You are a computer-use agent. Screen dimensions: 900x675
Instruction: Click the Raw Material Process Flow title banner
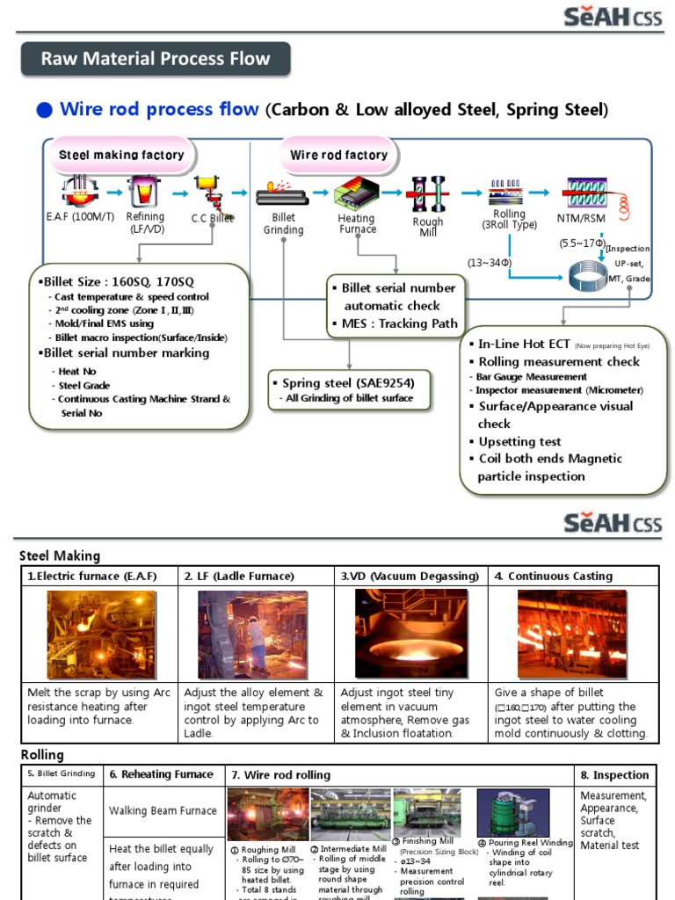point(156,60)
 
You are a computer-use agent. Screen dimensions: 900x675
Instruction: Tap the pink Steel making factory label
point(121,155)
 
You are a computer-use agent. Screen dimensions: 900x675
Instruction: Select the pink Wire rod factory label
point(338,155)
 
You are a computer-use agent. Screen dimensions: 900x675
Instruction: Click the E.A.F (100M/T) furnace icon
point(79,190)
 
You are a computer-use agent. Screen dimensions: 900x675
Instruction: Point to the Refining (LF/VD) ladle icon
point(144,191)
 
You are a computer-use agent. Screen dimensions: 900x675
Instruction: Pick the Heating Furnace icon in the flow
point(357,192)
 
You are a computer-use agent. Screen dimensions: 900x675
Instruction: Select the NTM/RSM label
point(581,217)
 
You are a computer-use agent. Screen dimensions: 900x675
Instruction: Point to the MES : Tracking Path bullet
point(395,323)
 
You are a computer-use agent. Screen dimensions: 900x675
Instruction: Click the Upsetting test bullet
point(519,441)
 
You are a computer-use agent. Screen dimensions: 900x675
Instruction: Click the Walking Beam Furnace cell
point(162,810)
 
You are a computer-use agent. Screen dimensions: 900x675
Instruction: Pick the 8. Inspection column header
point(615,775)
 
